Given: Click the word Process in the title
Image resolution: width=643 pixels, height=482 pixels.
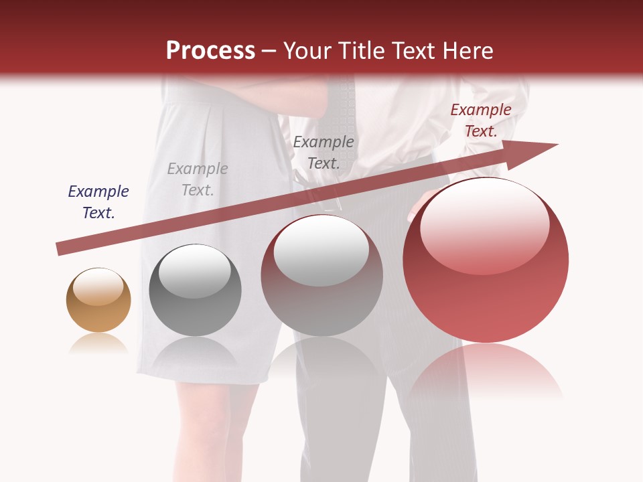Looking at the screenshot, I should pyautogui.click(x=210, y=50).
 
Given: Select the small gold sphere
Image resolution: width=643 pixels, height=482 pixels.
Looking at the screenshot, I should pyautogui.click(x=98, y=301).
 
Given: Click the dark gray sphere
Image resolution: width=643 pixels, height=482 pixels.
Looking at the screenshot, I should pyautogui.click(x=195, y=291).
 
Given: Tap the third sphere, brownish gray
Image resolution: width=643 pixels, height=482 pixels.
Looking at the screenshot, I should pyautogui.click(x=321, y=276).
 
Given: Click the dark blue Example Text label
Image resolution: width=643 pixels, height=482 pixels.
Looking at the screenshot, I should pyautogui.click(x=98, y=202).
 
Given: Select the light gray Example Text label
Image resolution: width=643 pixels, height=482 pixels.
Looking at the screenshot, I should pyautogui.click(x=198, y=179).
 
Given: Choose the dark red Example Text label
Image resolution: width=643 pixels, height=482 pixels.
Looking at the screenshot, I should pyautogui.click(x=481, y=120).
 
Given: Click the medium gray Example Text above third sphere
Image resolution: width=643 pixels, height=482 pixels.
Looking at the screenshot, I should pyautogui.click(x=324, y=152).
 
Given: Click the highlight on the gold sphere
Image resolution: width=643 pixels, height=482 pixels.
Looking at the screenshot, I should pyautogui.click(x=98, y=289).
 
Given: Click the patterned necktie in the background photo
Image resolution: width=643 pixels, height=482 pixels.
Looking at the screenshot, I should pyautogui.click(x=342, y=100).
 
